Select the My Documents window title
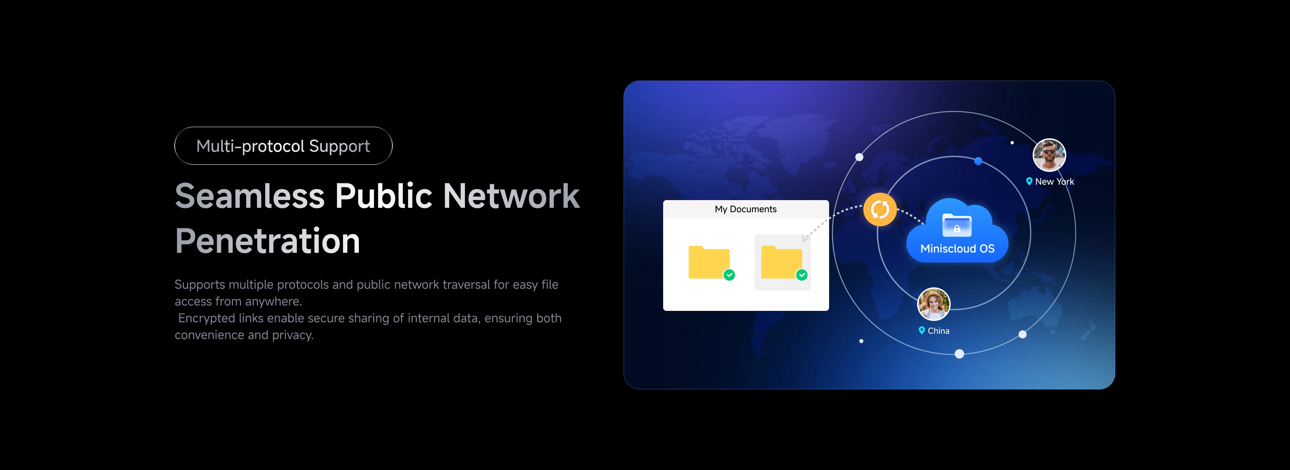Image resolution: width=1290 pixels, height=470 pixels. (x=746, y=209)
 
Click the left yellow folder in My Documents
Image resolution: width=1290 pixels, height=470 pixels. (x=708, y=262)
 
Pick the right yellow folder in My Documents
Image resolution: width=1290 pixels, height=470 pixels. (x=781, y=262)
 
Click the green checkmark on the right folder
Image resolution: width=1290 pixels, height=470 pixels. (x=802, y=275)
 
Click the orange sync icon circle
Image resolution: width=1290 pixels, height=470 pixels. (x=880, y=209)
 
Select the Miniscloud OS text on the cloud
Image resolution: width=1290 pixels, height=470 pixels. (x=957, y=249)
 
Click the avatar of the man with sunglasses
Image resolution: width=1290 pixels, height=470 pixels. (x=1049, y=155)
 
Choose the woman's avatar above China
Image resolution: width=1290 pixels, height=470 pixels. (x=934, y=304)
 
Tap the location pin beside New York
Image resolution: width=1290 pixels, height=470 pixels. (x=1029, y=181)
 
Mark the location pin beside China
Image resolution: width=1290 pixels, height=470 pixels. (x=921, y=330)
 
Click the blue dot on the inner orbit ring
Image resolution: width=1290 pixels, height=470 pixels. (x=978, y=161)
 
